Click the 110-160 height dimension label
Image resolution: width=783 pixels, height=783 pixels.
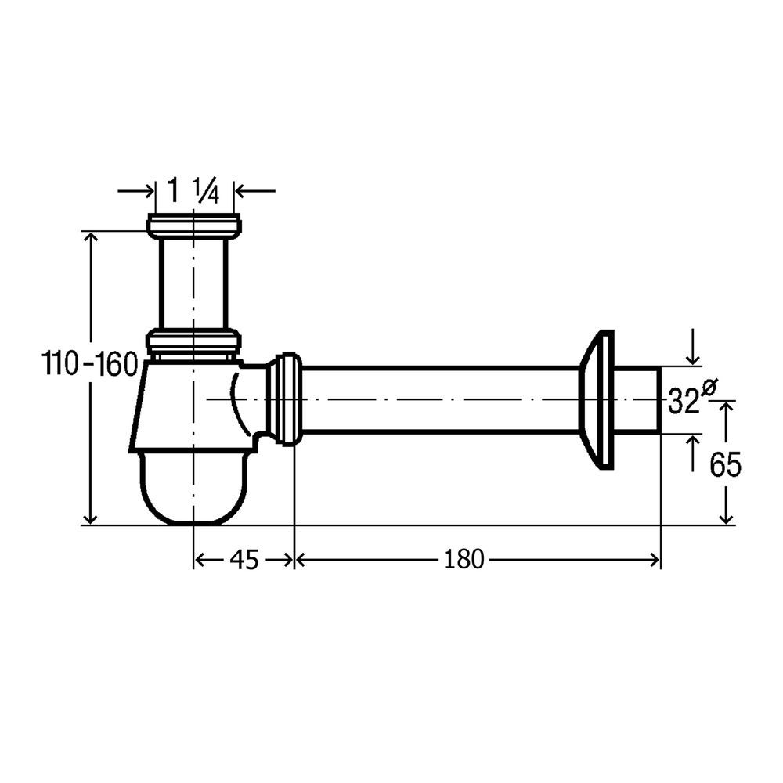(x=89, y=363)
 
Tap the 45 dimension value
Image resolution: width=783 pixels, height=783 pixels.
(x=244, y=560)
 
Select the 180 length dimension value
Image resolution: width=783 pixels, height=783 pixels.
(x=464, y=559)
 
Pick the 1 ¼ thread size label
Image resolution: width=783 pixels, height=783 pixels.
(x=193, y=191)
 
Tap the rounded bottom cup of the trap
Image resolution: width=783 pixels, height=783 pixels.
(x=193, y=487)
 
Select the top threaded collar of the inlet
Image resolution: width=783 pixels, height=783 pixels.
(x=193, y=225)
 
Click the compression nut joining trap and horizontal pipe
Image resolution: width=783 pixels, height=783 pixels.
(x=285, y=399)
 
